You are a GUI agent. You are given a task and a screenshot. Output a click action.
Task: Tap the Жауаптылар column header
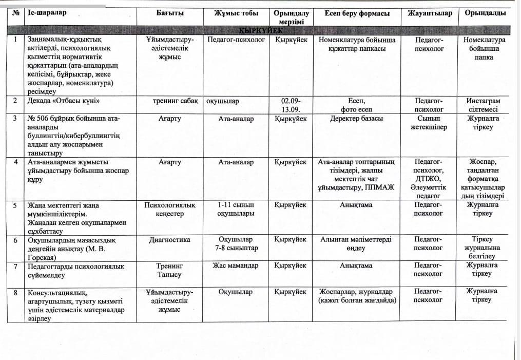pyautogui.click(x=429, y=13)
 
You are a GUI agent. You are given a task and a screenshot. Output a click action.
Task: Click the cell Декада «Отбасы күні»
pyautogui.click(x=63, y=101)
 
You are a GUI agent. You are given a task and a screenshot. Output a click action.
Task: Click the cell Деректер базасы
pyautogui.click(x=356, y=119)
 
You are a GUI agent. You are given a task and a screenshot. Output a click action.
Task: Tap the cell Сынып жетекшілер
pyautogui.click(x=429, y=123)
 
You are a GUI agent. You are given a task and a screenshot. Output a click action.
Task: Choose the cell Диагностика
pyautogui.click(x=170, y=240)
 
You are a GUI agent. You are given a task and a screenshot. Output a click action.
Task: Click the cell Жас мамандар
pyautogui.click(x=236, y=266)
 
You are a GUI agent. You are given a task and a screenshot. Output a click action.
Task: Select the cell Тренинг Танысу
pyautogui.click(x=170, y=270)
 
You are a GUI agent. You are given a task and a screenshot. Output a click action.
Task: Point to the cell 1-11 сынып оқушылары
pyautogui.click(x=236, y=209)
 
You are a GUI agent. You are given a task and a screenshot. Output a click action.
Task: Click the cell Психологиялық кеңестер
pyautogui.click(x=170, y=209)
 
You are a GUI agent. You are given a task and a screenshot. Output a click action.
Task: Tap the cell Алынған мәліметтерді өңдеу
pyautogui.click(x=356, y=244)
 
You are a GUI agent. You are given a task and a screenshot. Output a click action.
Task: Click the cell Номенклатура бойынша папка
pyautogui.click(x=483, y=48)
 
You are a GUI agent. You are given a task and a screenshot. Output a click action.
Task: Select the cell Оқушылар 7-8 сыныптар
pyautogui.click(x=236, y=244)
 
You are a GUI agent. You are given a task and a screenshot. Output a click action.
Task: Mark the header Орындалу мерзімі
pyautogui.click(x=291, y=17)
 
